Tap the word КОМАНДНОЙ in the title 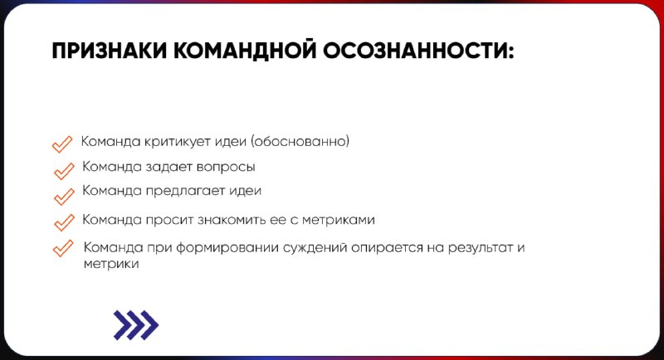click(x=245, y=51)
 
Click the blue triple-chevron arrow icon click(x=136, y=325)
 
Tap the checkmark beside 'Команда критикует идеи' click(x=62, y=144)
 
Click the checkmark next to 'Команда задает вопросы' click(x=64, y=171)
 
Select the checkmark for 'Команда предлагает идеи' click(x=64, y=197)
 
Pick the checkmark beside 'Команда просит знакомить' click(x=64, y=222)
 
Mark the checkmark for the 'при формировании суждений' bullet click(x=63, y=248)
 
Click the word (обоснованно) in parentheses click(x=300, y=141)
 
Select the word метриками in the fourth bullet click(x=339, y=220)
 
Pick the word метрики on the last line click(x=111, y=264)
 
